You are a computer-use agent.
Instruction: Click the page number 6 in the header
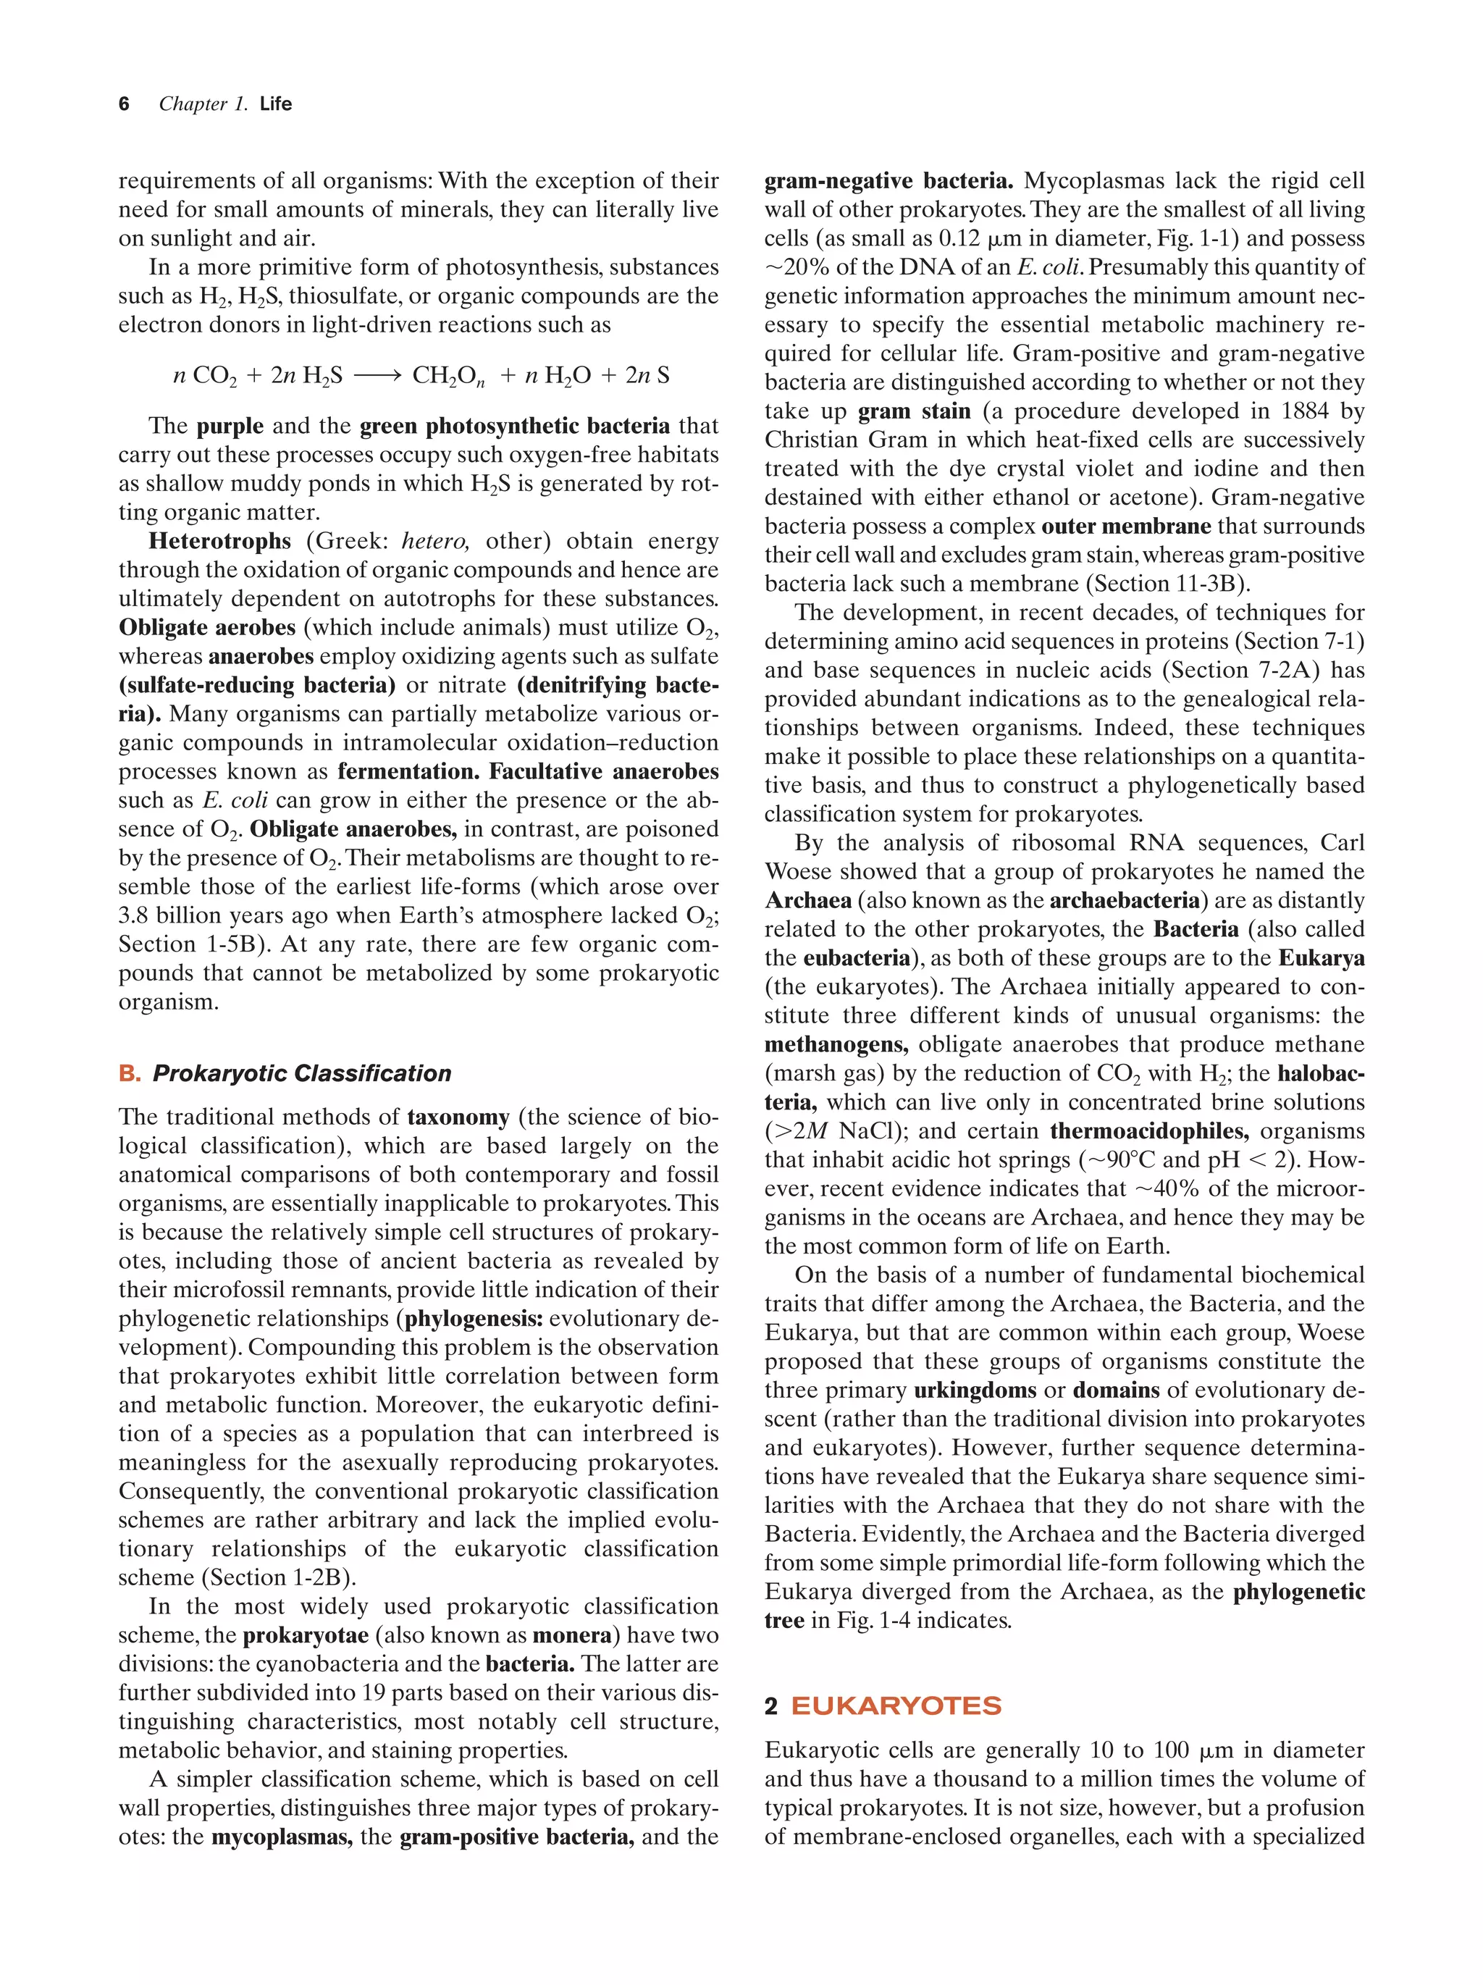click(x=124, y=104)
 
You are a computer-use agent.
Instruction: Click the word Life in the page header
click(x=275, y=104)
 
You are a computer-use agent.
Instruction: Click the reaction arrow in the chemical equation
click(x=377, y=376)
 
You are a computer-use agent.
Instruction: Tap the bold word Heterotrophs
click(x=220, y=541)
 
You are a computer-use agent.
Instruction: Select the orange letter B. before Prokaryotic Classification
click(x=129, y=1074)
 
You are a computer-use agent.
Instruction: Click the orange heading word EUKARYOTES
click(x=895, y=1706)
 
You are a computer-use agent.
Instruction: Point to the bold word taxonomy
click(x=458, y=1117)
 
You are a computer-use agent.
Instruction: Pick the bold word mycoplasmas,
click(x=282, y=1837)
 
